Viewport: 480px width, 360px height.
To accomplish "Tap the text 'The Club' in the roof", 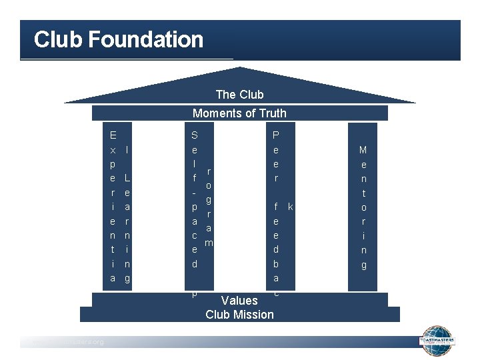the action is pos(239,95).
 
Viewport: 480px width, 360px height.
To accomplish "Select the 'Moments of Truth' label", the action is pos(239,113).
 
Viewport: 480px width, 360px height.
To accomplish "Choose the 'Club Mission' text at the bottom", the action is pos(239,315).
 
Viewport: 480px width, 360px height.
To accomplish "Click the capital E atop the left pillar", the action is pos(113,135).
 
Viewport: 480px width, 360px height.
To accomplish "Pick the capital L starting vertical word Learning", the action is pos(127,179).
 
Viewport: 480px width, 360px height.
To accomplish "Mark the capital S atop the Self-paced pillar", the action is pos(194,135).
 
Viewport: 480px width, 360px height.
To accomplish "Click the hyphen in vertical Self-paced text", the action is pos(193,193).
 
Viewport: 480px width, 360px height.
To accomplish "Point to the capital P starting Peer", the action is pos(276,135).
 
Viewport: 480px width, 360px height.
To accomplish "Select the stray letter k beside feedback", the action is pos(290,207).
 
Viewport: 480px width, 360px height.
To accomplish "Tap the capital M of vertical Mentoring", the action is pos(363,150).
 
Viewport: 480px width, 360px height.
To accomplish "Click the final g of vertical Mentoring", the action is pos(363,265).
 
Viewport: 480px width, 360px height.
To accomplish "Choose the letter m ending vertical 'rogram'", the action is pos(209,243).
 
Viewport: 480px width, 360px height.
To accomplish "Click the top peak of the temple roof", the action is pos(239,68).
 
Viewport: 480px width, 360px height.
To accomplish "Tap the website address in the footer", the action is pos(63,342).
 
